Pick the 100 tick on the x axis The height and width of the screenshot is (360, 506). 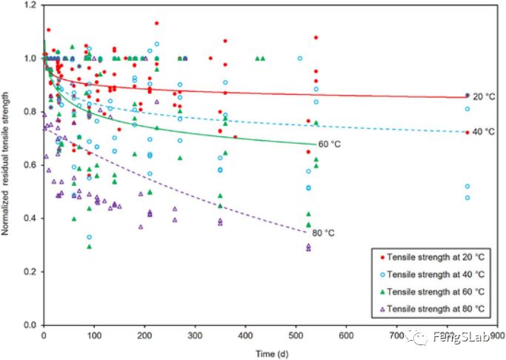pyautogui.click(x=94, y=335)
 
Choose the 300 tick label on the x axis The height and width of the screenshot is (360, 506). pyautogui.click(x=195, y=335)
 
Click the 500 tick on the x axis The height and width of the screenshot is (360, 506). pyautogui.click(x=295, y=335)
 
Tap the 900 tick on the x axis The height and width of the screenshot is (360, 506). pyautogui.click(x=496, y=335)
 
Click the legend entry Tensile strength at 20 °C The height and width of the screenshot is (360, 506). pyautogui.click(x=429, y=256)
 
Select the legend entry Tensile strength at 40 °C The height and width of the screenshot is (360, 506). pyautogui.click(x=429, y=272)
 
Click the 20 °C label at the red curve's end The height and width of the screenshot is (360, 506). pyautogui.click(x=485, y=96)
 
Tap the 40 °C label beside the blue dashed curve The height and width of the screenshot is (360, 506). pyautogui.click(x=485, y=132)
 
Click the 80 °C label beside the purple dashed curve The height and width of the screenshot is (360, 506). pyautogui.click(x=323, y=233)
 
